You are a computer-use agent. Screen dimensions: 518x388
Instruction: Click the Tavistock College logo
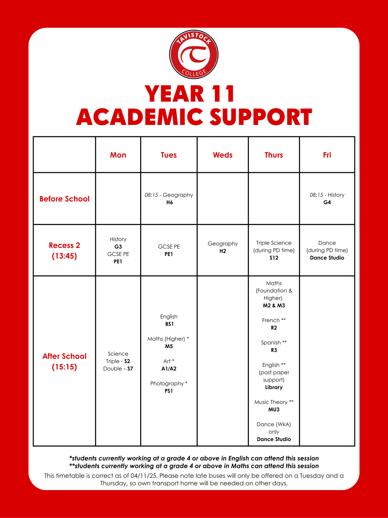[194, 54]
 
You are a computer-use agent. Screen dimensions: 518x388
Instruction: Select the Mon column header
[118, 155]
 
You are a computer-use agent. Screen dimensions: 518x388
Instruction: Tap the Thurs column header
[274, 155]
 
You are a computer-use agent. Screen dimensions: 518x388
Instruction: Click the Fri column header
[327, 155]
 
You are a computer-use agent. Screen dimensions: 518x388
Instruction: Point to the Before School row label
[64, 199]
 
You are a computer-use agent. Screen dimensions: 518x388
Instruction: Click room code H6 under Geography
[169, 202]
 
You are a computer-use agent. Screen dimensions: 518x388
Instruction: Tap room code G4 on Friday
[327, 202]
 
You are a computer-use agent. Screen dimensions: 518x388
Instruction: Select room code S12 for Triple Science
[274, 258]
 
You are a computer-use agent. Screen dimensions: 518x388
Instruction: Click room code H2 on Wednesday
[223, 251]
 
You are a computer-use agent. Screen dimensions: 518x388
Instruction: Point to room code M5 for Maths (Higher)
[169, 346]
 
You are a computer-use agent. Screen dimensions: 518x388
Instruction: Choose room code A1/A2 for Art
[169, 368]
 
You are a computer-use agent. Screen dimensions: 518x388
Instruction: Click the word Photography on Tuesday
[167, 383]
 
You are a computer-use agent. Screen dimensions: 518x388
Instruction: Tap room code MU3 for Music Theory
[274, 410]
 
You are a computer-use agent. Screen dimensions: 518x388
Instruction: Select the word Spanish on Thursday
[271, 343]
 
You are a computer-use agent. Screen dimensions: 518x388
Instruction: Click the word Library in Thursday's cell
[274, 387]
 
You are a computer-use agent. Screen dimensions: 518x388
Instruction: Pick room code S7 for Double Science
[130, 368]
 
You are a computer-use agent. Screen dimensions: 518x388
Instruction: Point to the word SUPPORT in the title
[261, 117]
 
